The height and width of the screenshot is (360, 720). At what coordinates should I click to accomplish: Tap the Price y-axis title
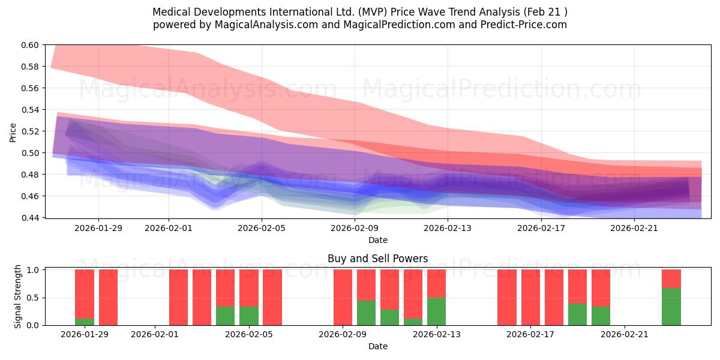tap(13, 131)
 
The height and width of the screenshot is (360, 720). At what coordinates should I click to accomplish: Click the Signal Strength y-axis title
tap(17, 298)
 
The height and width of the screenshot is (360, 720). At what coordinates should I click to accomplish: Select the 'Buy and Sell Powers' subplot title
tap(377, 259)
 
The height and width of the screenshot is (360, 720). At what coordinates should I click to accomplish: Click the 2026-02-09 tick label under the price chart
tap(355, 228)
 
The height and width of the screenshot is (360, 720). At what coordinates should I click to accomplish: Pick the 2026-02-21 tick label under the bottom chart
tap(625, 334)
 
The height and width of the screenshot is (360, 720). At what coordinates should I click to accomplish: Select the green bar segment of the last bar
tap(671, 307)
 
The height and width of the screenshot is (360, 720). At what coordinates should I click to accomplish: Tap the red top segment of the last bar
tap(671, 279)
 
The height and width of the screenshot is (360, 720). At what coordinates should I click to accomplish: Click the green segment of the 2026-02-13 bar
tap(436, 311)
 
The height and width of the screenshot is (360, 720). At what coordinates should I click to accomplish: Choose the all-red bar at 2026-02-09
tap(343, 298)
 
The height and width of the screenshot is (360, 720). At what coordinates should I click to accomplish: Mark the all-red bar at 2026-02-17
tap(530, 298)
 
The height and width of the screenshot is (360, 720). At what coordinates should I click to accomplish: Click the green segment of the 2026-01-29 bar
tap(85, 322)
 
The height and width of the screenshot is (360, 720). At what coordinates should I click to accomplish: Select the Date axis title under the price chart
tap(377, 240)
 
